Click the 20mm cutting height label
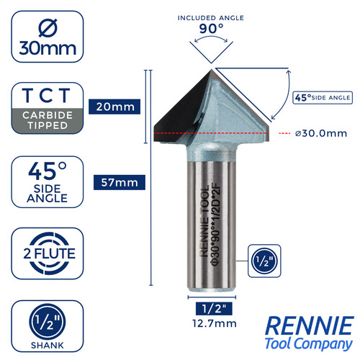114,107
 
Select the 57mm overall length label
120,182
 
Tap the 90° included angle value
211,29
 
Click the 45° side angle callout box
323,97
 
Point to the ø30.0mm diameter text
321,133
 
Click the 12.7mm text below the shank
215,323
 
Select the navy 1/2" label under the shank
214,308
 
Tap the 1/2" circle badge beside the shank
264,261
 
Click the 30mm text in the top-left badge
48,48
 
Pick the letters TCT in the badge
46,95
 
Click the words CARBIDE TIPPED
48,120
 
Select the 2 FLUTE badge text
49,253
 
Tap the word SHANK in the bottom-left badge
48,345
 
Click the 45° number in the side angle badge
48,171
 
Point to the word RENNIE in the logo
310,325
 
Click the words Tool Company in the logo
309,343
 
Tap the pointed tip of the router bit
212,69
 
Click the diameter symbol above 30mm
48,28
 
